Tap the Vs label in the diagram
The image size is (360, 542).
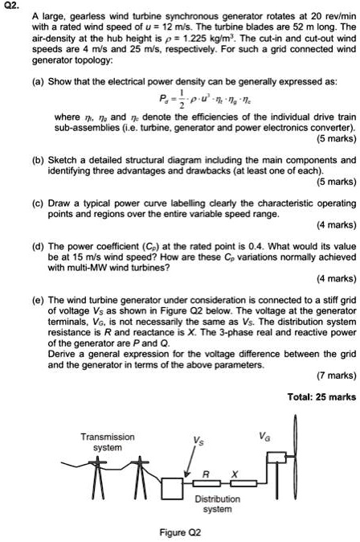(x=195, y=440)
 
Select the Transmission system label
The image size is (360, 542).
(x=107, y=441)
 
